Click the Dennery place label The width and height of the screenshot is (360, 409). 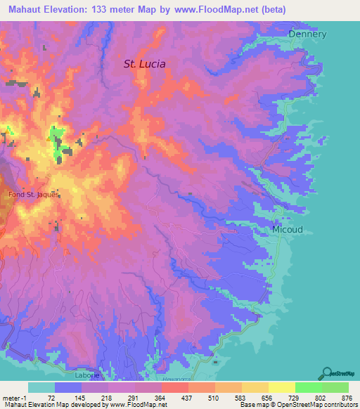click(307, 33)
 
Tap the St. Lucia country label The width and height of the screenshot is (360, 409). click(145, 63)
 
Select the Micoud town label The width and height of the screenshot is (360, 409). click(288, 229)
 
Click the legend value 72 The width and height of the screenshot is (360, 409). click(51, 397)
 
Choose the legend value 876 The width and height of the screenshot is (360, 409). click(335, 397)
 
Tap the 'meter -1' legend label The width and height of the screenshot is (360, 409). click(15, 397)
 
